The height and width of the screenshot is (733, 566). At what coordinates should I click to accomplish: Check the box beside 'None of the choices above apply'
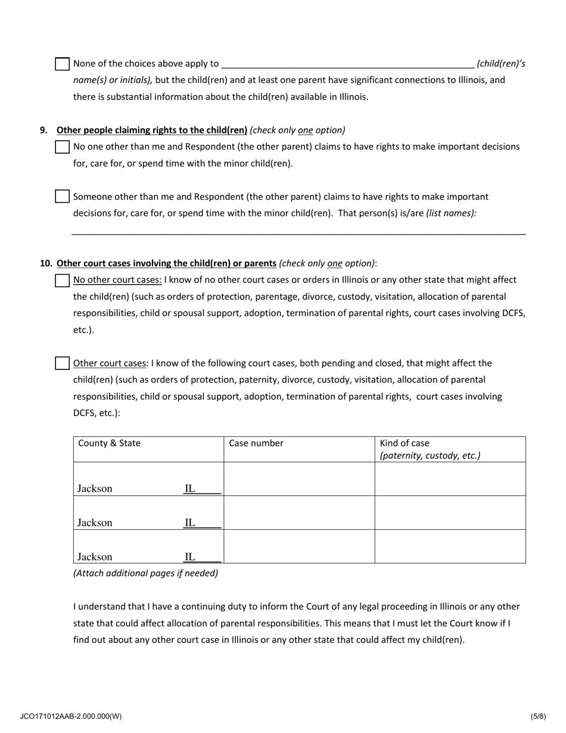click(62, 64)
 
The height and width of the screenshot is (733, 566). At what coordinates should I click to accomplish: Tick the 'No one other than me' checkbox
click(62, 147)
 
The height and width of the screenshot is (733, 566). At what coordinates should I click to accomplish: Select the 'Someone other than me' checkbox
click(62, 197)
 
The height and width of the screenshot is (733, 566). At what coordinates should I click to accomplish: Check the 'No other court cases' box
click(62, 280)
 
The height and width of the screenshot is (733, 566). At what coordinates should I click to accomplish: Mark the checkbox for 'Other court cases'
click(62, 363)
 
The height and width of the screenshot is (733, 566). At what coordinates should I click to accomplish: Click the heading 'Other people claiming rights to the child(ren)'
click(152, 130)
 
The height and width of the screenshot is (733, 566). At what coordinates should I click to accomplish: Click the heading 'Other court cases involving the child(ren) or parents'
click(166, 263)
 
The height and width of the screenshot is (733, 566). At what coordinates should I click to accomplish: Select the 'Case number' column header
click(256, 443)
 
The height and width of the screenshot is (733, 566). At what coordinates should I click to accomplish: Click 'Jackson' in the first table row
click(95, 489)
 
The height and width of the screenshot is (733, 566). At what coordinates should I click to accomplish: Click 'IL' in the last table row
click(189, 557)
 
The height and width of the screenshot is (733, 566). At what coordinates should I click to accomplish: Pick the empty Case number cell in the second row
click(299, 513)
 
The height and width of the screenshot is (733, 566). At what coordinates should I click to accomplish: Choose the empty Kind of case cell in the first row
click(450, 479)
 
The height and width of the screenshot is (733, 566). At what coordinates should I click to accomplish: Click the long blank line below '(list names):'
click(298, 232)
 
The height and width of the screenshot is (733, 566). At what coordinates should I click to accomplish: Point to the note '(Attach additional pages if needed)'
click(145, 573)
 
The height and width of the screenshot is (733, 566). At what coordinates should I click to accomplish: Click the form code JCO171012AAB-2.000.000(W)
click(70, 716)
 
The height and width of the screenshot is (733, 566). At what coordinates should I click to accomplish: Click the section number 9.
click(43, 130)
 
